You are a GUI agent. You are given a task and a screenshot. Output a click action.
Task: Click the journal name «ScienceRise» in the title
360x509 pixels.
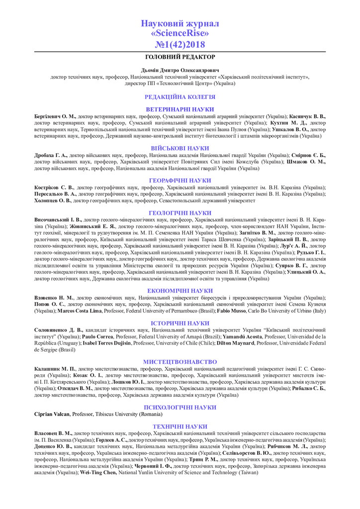(x=180, y=33)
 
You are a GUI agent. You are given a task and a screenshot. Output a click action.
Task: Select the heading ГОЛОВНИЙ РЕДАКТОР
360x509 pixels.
(x=180, y=57)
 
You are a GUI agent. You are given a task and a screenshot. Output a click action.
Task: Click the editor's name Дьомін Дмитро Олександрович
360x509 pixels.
(x=180, y=71)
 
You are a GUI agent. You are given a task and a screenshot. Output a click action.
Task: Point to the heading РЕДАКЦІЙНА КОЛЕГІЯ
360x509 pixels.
(x=180, y=97)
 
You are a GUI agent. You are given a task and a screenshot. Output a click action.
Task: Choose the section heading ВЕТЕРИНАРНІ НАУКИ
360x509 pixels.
(x=180, y=109)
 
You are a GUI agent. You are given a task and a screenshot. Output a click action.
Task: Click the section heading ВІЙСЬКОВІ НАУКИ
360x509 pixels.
(x=180, y=148)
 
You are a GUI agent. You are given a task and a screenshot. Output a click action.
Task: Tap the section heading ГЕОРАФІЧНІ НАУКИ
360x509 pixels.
(x=180, y=180)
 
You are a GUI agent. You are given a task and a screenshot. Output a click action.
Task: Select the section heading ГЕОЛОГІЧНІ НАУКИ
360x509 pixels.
(x=180, y=213)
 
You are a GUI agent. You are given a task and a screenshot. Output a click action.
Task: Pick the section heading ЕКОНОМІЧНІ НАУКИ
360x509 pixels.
(x=180, y=290)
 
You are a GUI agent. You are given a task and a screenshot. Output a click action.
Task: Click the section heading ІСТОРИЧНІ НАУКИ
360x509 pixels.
(x=180, y=323)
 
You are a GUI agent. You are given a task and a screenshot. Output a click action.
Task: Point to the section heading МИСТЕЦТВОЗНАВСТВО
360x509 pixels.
(x=180, y=362)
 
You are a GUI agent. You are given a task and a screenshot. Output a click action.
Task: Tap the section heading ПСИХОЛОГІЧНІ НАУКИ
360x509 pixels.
(x=180, y=407)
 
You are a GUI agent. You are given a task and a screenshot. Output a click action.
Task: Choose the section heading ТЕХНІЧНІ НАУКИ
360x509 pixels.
(x=180, y=426)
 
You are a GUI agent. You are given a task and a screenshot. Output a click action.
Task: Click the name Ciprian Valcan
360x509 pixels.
(x=52, y=414)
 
